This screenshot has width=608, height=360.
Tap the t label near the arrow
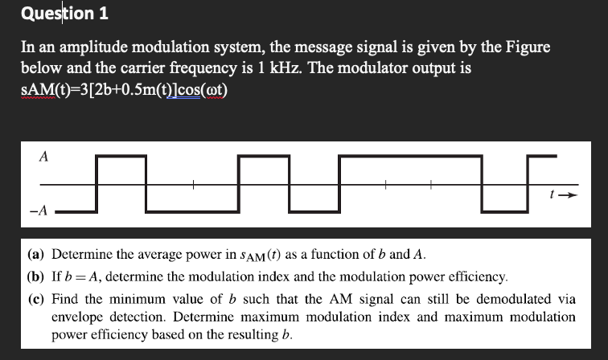(x=551, y=194)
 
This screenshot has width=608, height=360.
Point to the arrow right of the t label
(x=567, y=194)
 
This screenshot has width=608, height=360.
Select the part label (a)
(x=35, y=256)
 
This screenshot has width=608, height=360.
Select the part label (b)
(x=35, y=277)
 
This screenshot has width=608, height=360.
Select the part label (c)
(x=35, y=299)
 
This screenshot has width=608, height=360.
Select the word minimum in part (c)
(x=138, y=299)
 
